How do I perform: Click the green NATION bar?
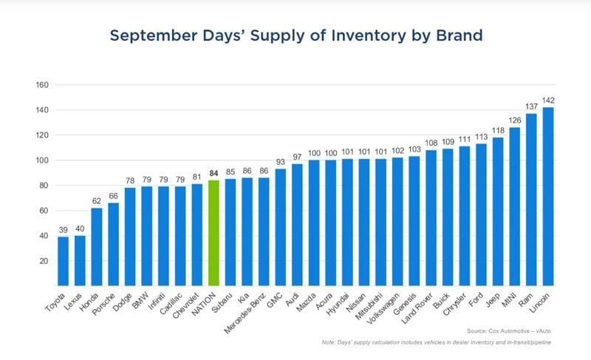pos(214,233)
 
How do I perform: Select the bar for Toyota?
pos(64,261)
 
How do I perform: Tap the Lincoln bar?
pos(548,197)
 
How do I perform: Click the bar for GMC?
pos(281,227)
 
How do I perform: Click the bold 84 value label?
pos(214,174)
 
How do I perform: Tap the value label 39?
pos(64,230)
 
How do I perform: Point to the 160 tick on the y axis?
pos(42,85)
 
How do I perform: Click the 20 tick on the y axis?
pos(44,261)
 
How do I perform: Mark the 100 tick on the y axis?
pos(42,160)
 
